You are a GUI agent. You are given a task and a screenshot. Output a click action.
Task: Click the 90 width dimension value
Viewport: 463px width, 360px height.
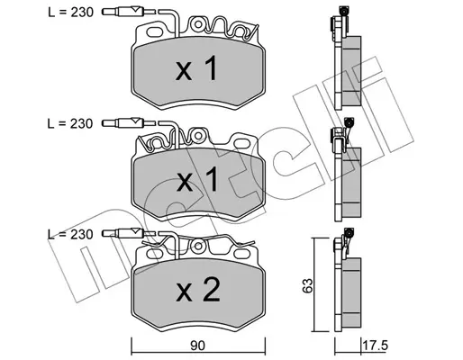coord(198,346)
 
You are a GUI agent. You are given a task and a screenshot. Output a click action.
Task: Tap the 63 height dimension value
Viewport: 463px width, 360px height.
coord(308,285)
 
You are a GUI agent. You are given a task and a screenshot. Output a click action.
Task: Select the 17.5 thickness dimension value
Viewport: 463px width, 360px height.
coord(376,346)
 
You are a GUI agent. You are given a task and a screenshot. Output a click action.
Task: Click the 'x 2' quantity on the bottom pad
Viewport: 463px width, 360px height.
coord(198,290)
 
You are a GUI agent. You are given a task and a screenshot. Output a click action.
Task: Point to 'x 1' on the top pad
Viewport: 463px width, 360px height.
coord(196,68)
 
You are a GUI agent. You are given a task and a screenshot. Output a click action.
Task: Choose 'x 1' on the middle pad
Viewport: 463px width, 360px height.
coord(197,179)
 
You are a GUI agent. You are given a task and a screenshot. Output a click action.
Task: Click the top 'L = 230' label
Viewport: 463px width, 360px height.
coord(71,13)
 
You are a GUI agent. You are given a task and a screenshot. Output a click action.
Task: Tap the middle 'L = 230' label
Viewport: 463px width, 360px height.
coord(70,123)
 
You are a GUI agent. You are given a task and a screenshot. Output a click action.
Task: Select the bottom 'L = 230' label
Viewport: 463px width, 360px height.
coord(70,234)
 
